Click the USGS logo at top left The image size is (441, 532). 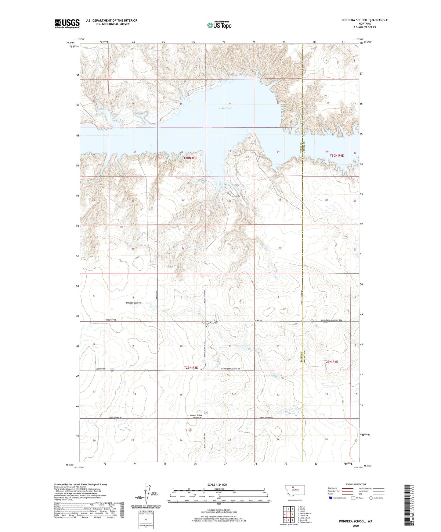pyautogui.click(x=67, y=23)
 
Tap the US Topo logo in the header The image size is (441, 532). pyautogui.click(x=219, y=25)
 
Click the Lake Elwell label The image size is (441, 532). pyautogui.click(x=226, y=108)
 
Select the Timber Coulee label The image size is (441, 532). pyautogui.click(x=133, y=303)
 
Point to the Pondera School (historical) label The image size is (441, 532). pyautogui.click(x=196, y=416)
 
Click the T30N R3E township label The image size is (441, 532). pyautogui.click(x=190, y=158)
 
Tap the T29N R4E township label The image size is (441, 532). pyautogui.click(x=331, y=361)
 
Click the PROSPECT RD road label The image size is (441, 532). pyautogui.click(x=111, y=320)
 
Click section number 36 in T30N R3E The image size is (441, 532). pyautogui.click(x=280, y=248)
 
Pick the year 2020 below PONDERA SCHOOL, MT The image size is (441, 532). pyautogui.click(x=355, y=526)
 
